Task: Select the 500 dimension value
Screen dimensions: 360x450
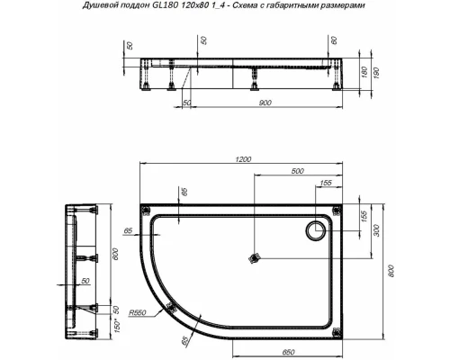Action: [x=296, y=172]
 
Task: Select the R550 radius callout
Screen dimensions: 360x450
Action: [x=138, y=312]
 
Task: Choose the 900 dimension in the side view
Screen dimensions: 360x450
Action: [x=266, y=104]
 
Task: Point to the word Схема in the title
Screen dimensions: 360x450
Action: [x=272, y=6]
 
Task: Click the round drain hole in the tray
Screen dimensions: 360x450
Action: [x=318, y=230]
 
